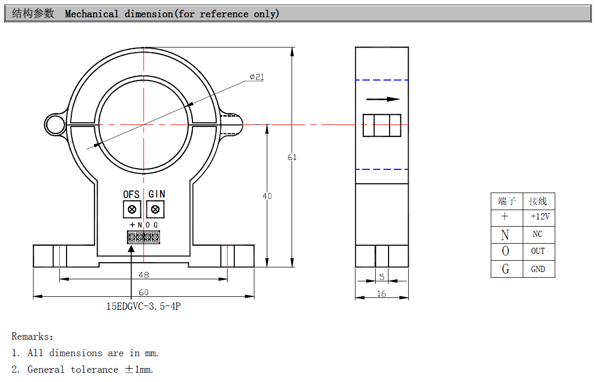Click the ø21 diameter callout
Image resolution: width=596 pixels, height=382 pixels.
tap(256, 77)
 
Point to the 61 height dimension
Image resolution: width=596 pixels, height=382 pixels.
tap(292, 157)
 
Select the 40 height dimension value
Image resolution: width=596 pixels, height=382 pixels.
tap(267, 196)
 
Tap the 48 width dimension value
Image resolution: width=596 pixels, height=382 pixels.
tap(143, 274)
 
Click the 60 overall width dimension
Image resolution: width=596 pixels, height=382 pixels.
tap(143, 292)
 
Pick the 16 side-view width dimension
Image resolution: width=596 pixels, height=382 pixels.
tap(382, 293)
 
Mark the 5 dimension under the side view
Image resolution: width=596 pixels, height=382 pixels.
tap(382, 277)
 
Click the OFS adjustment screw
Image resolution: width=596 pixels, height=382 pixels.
tap(132, 209)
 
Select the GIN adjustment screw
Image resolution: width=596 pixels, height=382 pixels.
tap(155, 209)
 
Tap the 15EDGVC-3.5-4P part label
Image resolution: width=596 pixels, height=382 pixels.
tap(143, 306)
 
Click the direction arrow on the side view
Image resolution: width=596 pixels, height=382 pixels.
tap(383, 99)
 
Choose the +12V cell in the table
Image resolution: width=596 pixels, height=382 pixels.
tap(540, 217)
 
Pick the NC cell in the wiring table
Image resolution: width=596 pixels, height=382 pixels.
tap(538, 234)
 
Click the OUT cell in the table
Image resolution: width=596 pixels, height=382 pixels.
tap(538, 251)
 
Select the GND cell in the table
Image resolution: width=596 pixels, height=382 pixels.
tap(538, 269)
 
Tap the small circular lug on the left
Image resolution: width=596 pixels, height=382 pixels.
tap(54, 124)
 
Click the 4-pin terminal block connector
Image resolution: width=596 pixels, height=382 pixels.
tap(143, 237)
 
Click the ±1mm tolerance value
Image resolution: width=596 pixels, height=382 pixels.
tap(139, 370)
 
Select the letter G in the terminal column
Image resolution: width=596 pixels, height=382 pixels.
tap(505, 269)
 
